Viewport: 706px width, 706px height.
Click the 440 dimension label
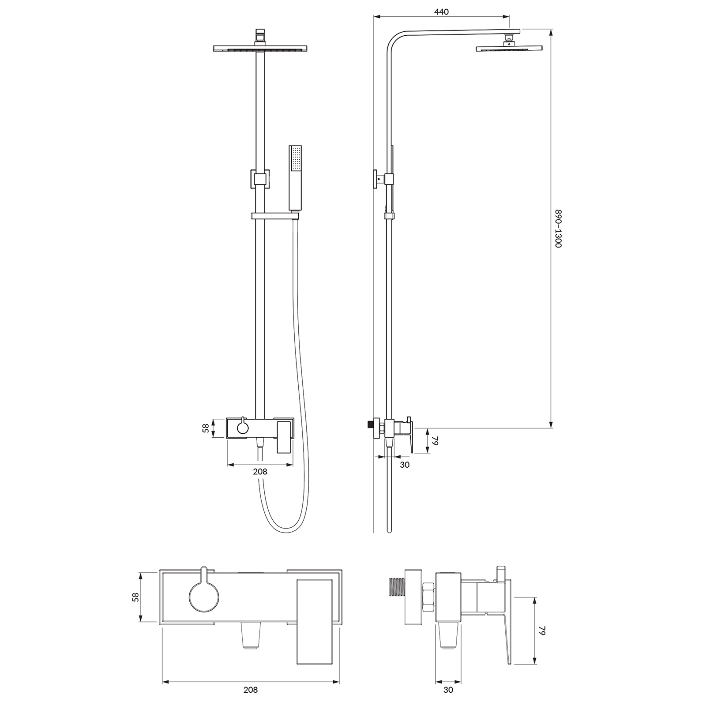[441, 12]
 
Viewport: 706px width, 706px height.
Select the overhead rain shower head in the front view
[260, 48]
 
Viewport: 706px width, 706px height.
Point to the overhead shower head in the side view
[509, 48]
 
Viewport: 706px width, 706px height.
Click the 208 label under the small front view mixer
[260, 471]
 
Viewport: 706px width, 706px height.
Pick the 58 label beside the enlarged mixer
[136, 597]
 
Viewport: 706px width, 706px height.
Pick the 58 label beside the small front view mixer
[205, 428]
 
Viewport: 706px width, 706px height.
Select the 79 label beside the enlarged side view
[542, 631]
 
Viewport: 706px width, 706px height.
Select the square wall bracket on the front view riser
[259, 179]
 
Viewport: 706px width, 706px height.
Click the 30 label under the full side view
[404, 465]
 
